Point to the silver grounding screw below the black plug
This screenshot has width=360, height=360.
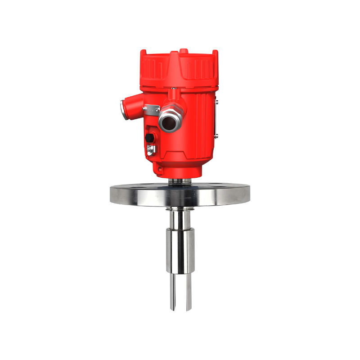tap(151, 148)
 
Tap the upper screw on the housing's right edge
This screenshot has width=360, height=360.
tap(216, 103)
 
